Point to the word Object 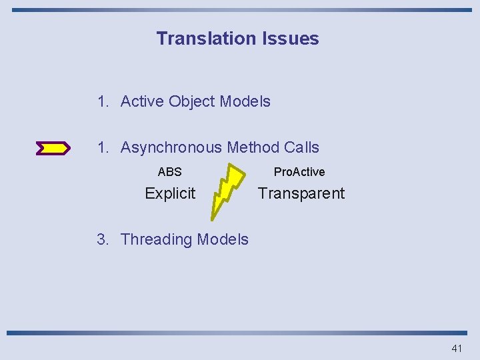point(191,101)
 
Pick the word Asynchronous point(171,147)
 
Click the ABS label point(169,172)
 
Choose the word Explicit point(170,193)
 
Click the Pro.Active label point(299,172)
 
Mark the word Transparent point(301,193)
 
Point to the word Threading point(152,239)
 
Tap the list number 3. point(102,239)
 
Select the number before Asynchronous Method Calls point(102,147)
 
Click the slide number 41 point(456,348)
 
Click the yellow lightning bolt point(228,189)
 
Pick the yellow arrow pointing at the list point(53,148)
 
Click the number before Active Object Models point(102,101)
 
